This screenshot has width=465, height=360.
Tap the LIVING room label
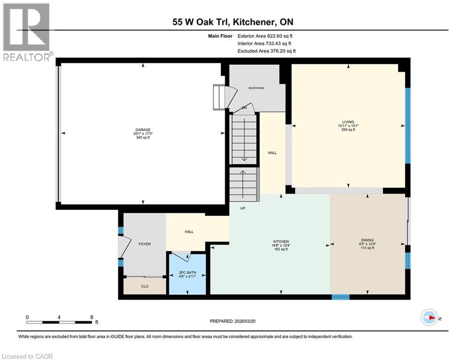pyautogui.click(x=348, y=121)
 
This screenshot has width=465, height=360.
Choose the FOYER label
pyautogui.click(x=144, y=244)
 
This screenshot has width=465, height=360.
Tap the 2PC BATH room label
pyautogui.click(x=187, y=272)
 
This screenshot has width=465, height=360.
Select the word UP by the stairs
pyautogui.click(x=243, y=208)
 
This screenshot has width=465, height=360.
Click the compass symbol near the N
pyautogui.click(x=429, y=317)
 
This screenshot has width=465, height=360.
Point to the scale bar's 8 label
pyautogui.click(x=91, y=317)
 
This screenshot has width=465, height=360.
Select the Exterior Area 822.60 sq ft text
pyautogui.click(x=266, y=36)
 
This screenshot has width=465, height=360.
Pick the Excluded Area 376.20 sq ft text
pyautogui.click(x=266, y=51)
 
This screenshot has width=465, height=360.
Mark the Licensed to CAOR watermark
pyautogui.click(x=27, y=356)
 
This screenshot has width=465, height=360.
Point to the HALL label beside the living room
pyautogui.click(x=271, y=152)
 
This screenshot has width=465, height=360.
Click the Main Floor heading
pyautogui.click(x=221, y=36)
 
